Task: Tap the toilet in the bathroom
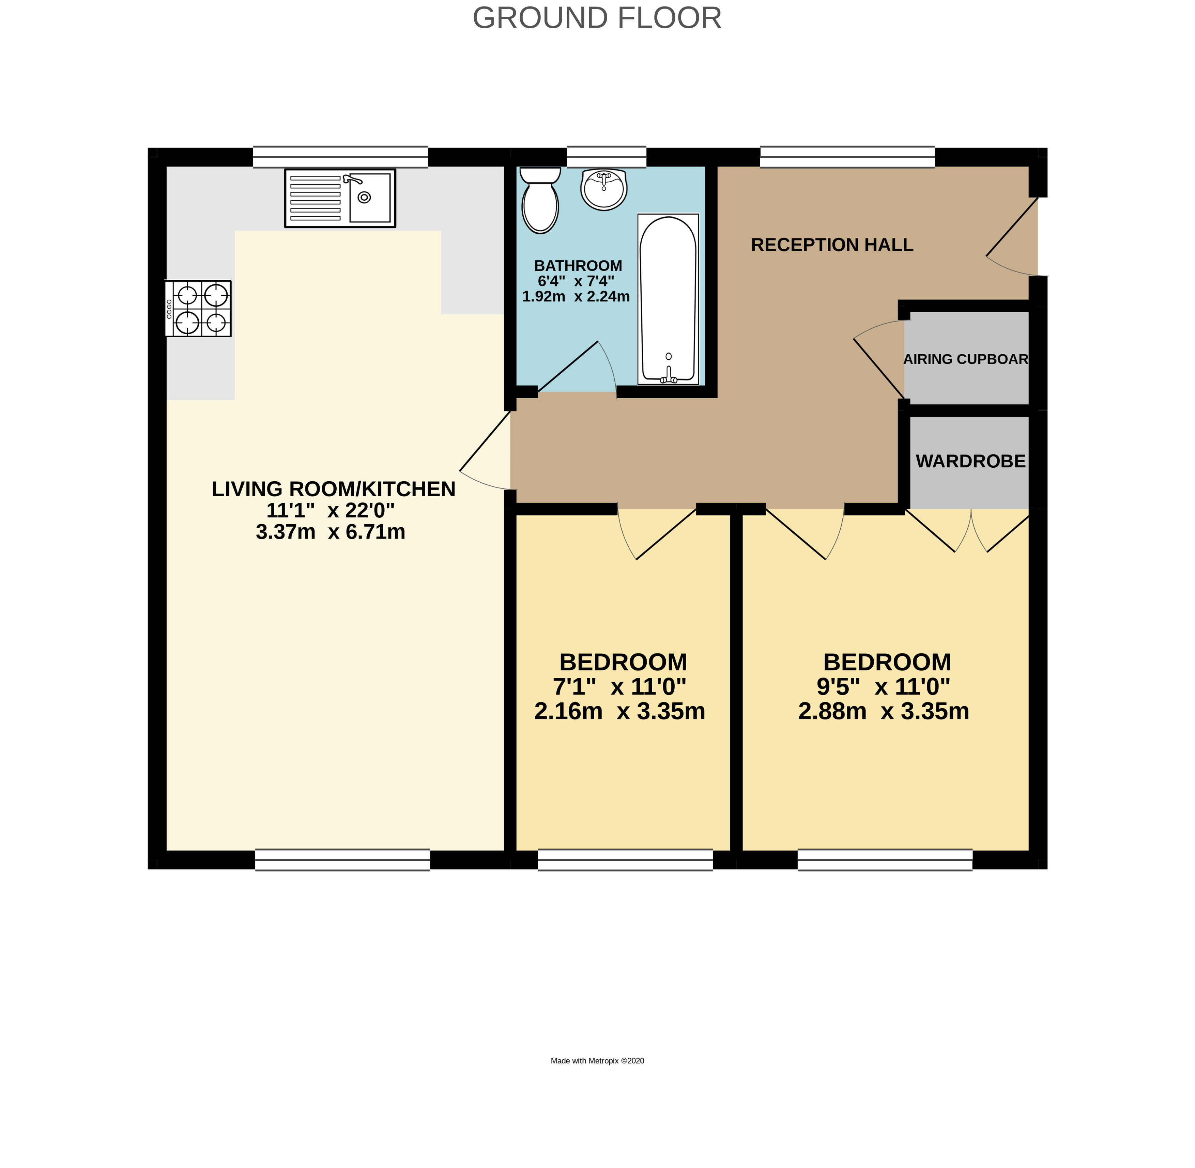pos(540,201)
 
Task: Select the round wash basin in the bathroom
pos(604,189)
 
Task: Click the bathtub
pos(668,299)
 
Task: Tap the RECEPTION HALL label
pos(832,245)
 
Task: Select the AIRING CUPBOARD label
pos(965,359)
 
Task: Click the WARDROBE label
pos(970,461)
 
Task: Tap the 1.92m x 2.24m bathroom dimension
pos(576,297)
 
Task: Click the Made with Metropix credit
pos(597,1061)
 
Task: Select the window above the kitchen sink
pos(340,157)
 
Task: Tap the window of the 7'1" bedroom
pos(625,860)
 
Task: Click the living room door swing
pos(485,451)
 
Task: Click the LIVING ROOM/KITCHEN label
pos(333,489)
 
